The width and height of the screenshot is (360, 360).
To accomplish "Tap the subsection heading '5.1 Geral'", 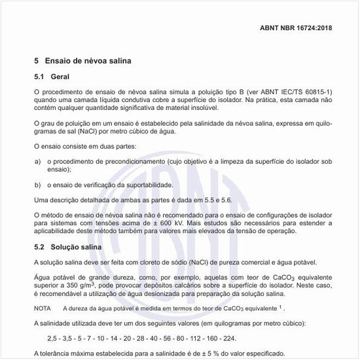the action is click(51, 77).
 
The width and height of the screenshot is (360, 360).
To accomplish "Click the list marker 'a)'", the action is click(37, 161).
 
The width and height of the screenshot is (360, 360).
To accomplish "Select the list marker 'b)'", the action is click(37, 185).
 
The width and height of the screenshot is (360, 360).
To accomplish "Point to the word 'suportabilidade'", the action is click(177, 185).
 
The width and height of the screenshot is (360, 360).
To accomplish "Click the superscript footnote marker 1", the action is click(280, 306).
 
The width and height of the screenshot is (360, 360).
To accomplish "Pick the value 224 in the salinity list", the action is click(230, 338).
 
